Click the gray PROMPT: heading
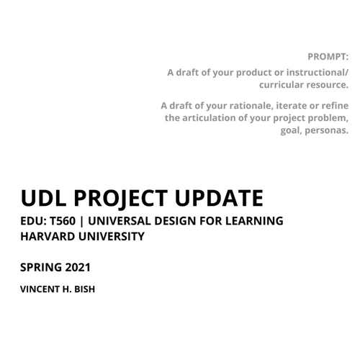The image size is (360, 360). (x=328, y=57)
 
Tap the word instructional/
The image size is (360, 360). (x=318, y=72)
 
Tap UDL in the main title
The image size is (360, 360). (x=43, y=198)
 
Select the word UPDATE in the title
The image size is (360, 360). (x=219, y=198)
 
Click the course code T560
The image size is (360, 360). (x=63, y=221)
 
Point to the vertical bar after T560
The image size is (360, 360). (x=82, y=221)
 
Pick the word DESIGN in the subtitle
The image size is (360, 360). (x=175, y=221)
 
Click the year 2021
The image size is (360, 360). (x=78, y=267)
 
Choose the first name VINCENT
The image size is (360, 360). (x=40, y=289)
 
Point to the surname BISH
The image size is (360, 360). (x=85, y=289)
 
